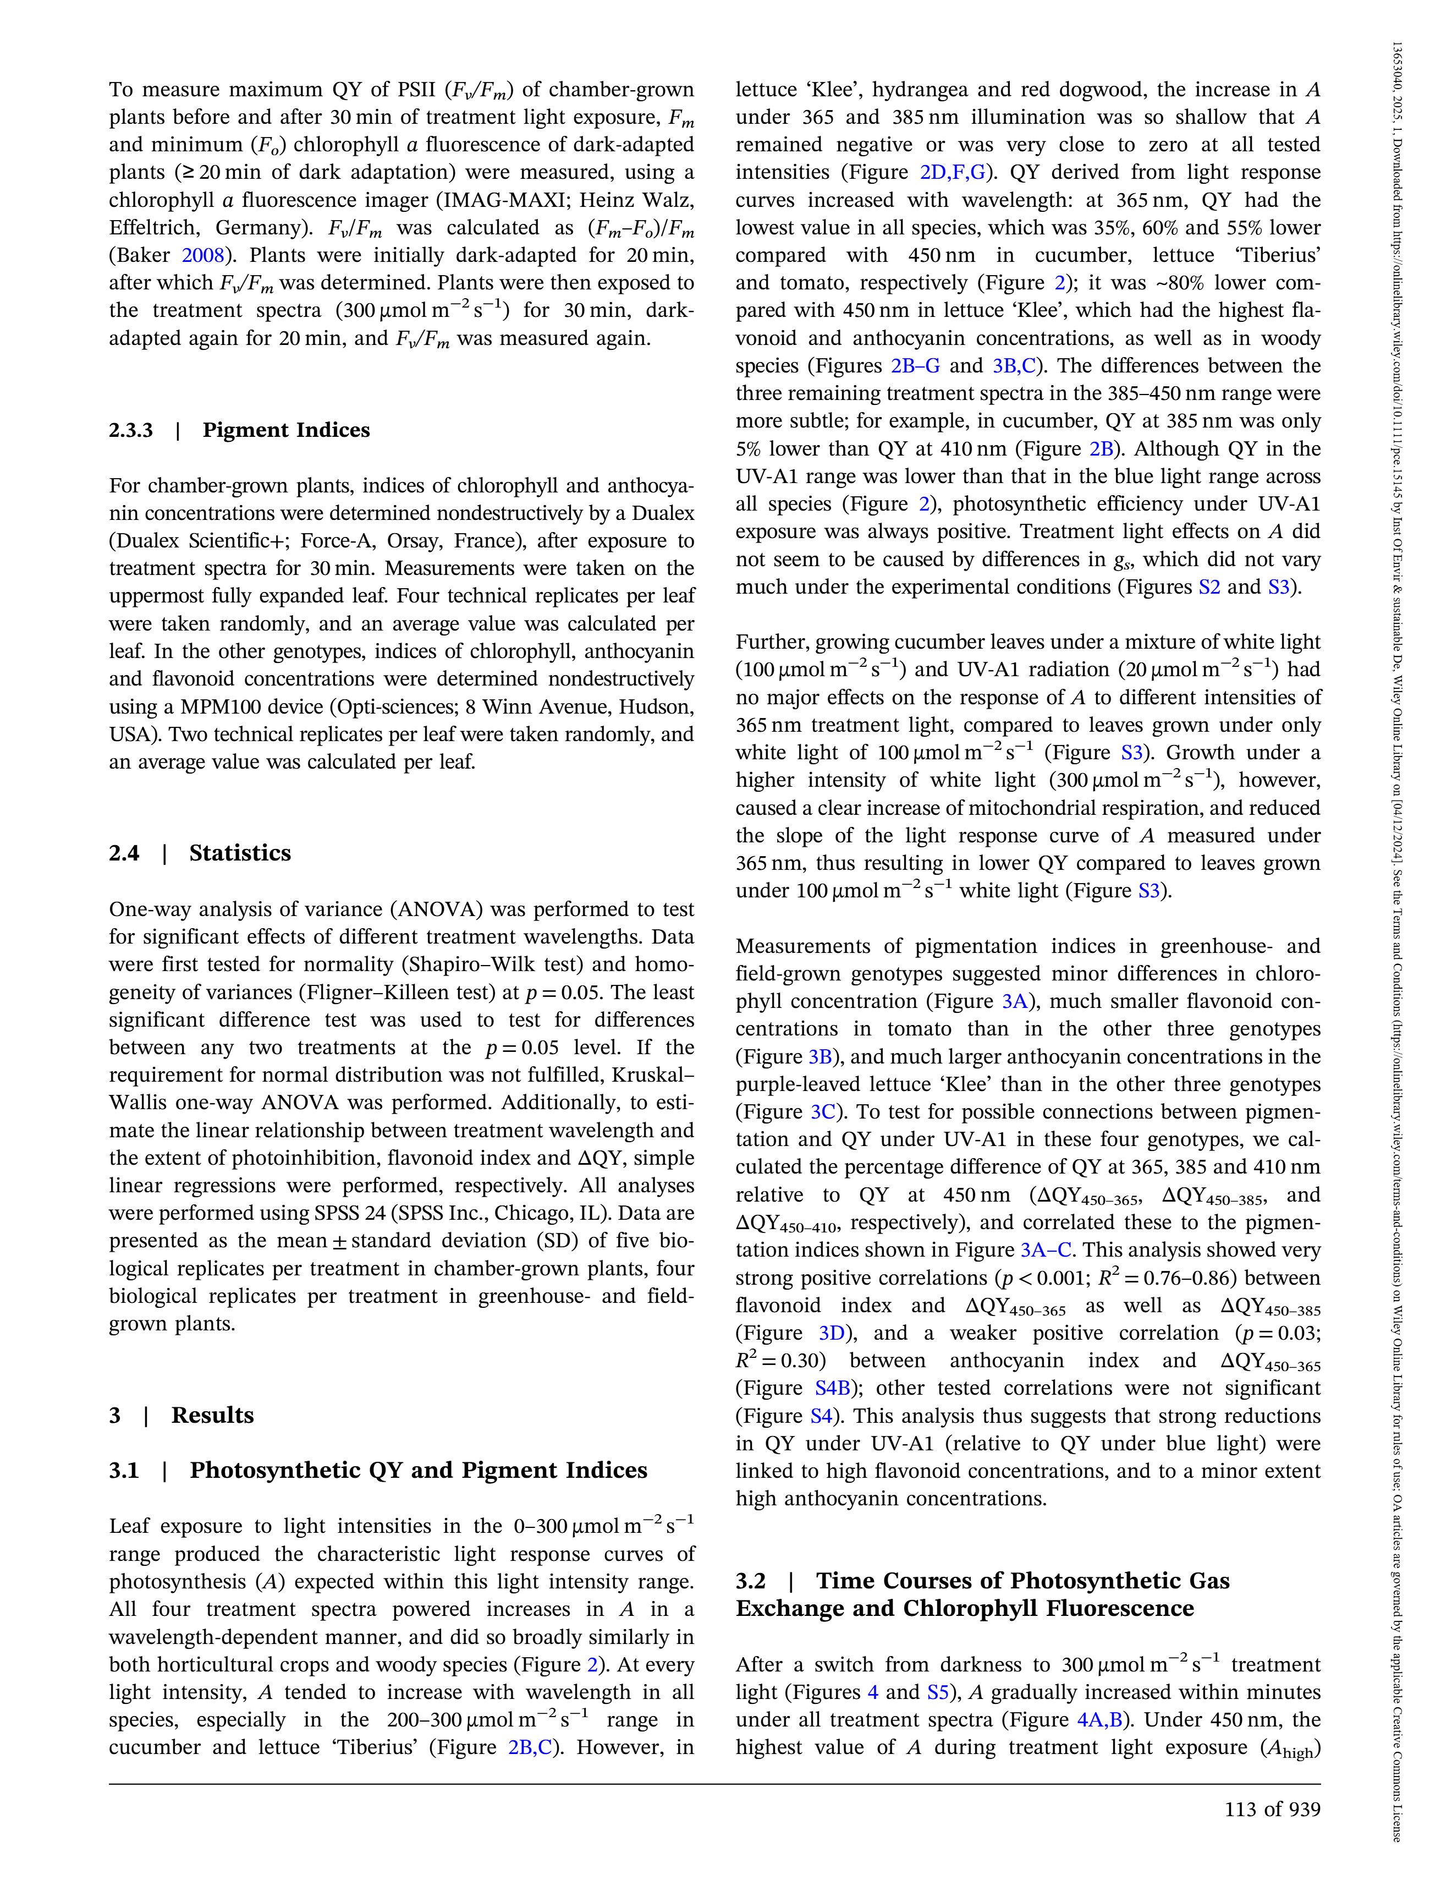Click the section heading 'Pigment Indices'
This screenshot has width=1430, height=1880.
point(286,430)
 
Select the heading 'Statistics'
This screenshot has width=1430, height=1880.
point(240,853)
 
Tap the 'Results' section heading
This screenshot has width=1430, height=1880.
point(212,1415)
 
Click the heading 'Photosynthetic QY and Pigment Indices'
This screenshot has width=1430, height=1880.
point(418,1471)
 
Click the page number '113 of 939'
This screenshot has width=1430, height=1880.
point(1272,1810)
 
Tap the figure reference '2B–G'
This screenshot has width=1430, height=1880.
point(915,366)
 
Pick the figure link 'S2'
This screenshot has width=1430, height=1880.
point(1209,588)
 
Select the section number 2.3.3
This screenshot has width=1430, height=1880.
point(131,430)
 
